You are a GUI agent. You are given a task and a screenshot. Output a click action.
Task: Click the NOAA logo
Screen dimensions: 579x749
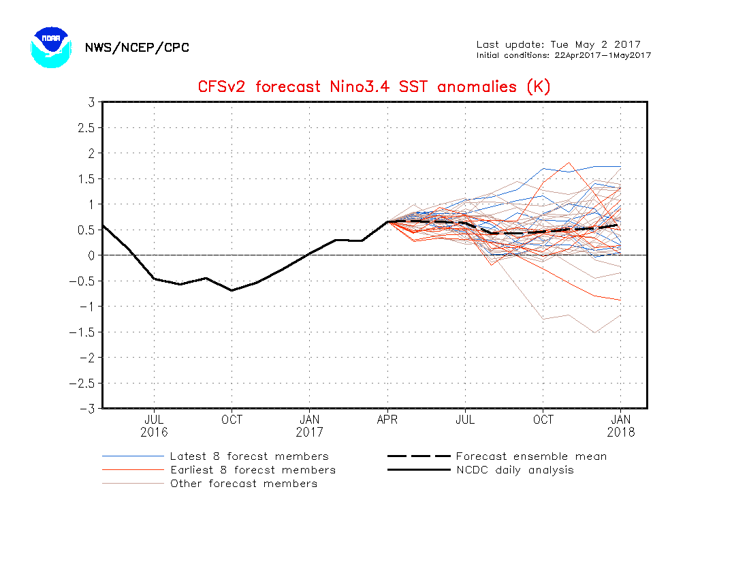(50, 46)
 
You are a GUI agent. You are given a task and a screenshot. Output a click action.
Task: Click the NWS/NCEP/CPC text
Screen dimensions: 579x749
(137, 48)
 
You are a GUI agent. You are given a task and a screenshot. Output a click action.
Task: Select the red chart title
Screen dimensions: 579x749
(374, 87)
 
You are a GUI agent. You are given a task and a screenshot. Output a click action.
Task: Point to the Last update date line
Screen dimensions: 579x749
(558, 45)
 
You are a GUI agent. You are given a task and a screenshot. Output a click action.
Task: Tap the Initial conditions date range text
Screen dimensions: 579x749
(563, 55)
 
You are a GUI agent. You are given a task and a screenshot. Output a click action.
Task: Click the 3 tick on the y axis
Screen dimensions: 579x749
(90, 102)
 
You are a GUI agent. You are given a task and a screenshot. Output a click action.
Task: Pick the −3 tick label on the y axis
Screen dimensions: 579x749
(87, 409)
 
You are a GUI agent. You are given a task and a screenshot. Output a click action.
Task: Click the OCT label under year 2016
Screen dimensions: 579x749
(232, 420)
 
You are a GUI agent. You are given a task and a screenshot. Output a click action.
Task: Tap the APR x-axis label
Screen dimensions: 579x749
(387, 420)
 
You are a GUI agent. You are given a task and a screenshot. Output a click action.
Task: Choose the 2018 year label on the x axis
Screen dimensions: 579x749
(621, 432)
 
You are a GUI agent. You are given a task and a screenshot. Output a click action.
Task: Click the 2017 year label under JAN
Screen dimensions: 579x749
(310, 432)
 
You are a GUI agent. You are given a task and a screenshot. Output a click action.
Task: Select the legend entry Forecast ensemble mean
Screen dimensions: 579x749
(531, 456)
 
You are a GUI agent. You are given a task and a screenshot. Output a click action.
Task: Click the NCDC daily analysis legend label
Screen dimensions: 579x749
(515, 470)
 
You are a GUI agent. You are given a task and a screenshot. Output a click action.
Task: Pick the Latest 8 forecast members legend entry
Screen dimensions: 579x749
(249, 456)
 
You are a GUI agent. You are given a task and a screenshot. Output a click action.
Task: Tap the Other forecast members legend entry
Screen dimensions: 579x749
(243, 484)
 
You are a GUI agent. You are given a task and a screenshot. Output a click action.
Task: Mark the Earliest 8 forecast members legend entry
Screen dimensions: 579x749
(253, 470)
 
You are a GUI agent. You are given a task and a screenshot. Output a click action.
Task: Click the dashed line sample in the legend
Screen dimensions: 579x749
(419, 456)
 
